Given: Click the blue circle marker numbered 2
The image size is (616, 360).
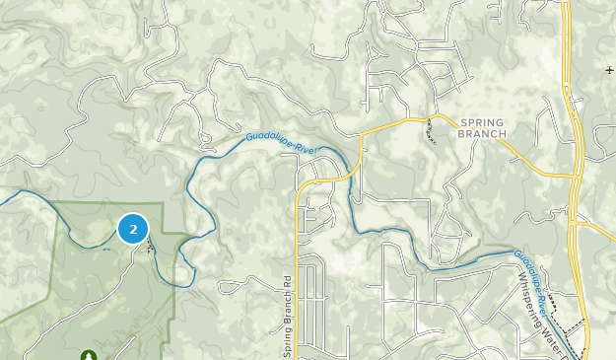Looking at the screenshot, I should (133, 229).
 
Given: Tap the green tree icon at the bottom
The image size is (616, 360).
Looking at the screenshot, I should (90, 354).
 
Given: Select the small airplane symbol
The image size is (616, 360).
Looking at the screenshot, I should (610, 70).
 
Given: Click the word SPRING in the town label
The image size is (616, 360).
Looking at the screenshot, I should (481, 120).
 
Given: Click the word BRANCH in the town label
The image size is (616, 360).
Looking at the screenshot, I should (482, 133).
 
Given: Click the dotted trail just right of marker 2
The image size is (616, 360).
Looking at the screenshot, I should (150, 245).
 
